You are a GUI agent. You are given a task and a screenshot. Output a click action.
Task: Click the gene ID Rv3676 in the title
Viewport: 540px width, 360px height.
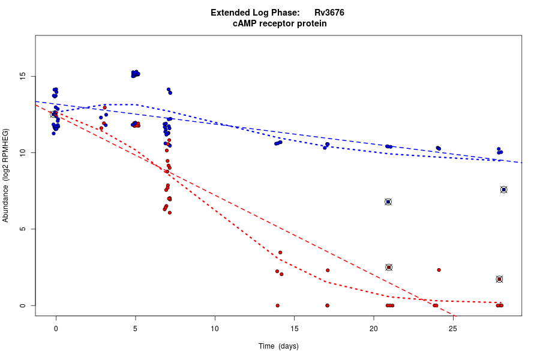tap(329, 13)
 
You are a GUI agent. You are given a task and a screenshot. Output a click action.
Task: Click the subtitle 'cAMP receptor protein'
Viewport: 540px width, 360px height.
tap(280, 23)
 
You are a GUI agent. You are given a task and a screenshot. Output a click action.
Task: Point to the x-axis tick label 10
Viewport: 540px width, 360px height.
tap(215, 329)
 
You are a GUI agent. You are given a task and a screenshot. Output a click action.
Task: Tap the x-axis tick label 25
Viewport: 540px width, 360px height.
tap(453, 329)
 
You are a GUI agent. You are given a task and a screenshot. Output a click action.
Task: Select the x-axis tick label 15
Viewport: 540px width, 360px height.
tap(294, 329)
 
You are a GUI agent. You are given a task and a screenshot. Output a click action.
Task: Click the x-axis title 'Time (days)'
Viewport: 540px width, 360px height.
tap(278, 346)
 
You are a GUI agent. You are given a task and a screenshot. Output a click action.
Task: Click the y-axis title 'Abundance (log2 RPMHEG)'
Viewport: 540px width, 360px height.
tap(6, 175)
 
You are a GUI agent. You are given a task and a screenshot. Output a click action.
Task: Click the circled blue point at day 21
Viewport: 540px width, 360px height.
tap(388, 202)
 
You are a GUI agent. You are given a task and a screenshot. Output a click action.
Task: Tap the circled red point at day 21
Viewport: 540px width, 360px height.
tap(389, 267)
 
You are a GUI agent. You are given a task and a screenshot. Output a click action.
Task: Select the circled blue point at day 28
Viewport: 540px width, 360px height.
tap(504, 190)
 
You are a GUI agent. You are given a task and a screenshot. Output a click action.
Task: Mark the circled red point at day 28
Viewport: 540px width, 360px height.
tap(499, 279)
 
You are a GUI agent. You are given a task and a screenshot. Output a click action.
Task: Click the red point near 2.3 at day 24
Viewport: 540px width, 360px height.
tap(439, 270)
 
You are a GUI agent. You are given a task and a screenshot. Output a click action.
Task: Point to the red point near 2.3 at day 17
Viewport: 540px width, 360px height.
tap(328, 271)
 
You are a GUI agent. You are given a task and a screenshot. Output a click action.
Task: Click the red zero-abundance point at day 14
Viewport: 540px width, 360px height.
tap(277, 305)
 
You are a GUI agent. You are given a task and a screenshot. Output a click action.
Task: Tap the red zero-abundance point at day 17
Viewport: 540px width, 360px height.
tap(327, 305)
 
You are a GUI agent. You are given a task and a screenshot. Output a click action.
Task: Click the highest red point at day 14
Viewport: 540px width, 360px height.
tap(280, 253)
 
